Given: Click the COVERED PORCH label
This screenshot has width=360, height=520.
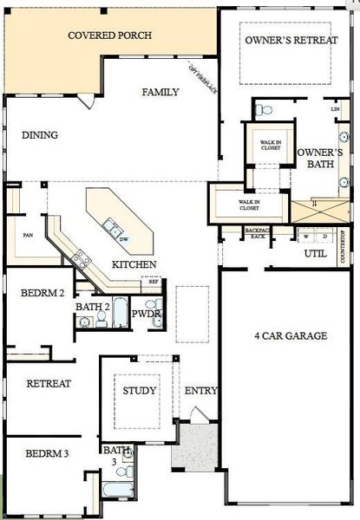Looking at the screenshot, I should point(110,36).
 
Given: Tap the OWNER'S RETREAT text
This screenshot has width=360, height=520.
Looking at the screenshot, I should point(291,41).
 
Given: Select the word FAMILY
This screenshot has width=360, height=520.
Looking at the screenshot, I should point(160,92).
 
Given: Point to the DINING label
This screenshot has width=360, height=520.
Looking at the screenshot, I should point(40,135).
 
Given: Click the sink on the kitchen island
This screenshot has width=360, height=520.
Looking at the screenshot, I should point(112,228).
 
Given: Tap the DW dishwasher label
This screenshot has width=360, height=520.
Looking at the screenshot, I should point(125,239).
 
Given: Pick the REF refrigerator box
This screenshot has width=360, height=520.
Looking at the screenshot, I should point(154,281).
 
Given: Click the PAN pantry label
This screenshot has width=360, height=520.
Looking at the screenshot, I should point(28,234).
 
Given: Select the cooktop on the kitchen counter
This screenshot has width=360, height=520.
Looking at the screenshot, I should point(82,257).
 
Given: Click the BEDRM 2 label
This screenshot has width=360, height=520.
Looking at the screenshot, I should point(43,293).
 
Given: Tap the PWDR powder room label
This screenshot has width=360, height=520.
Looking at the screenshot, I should point(142,314).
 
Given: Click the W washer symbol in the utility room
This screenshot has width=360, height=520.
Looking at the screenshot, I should point(305,235).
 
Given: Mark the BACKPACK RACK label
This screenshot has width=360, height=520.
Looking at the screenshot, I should point(257,234).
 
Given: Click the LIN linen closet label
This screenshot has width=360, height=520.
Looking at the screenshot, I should point(335,109).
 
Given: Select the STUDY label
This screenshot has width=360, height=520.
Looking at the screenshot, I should point(139,391).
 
